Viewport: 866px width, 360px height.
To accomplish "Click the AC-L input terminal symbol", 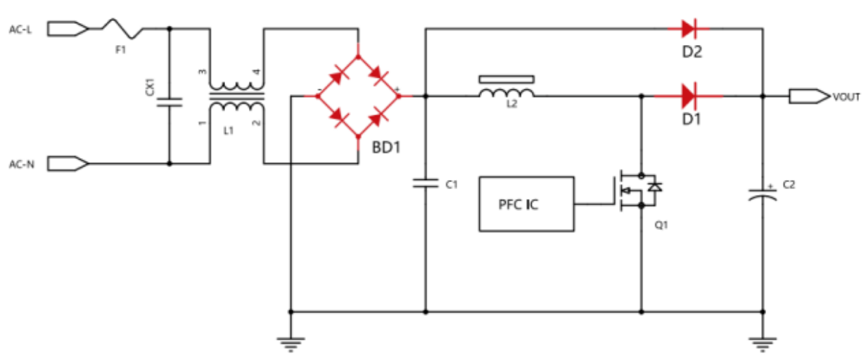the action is pos(68,29).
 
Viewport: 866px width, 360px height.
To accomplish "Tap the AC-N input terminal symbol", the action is pos(68,163).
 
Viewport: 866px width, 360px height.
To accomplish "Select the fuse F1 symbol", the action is pos(122,29).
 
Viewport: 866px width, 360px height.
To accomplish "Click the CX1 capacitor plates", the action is pos(170,103).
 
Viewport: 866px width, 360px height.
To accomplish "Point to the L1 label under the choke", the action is pos(229,131).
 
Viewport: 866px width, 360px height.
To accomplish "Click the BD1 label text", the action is pos(386,147).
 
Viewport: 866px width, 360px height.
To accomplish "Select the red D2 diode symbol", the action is pos(689,29).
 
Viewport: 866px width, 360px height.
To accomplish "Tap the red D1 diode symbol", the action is pos(689,96).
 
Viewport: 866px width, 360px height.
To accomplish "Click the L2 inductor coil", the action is pos(507,93).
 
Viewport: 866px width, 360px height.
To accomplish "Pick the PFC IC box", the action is pos(526,204).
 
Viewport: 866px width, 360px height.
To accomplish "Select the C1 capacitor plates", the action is pos(426,183).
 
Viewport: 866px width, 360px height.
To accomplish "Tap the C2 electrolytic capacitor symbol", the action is pos(763,194).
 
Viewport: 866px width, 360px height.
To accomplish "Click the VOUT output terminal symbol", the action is pos(809,96).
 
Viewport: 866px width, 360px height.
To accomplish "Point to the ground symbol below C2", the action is pos(763,344).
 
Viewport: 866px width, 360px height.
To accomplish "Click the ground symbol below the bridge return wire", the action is pos(291,344).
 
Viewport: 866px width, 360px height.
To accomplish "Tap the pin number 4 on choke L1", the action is pos(257,72).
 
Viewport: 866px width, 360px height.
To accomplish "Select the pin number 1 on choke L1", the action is pos(202,123).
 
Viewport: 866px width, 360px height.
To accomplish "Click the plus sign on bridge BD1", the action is pos(397,89).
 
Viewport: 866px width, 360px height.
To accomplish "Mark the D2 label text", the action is pos(692,52).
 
